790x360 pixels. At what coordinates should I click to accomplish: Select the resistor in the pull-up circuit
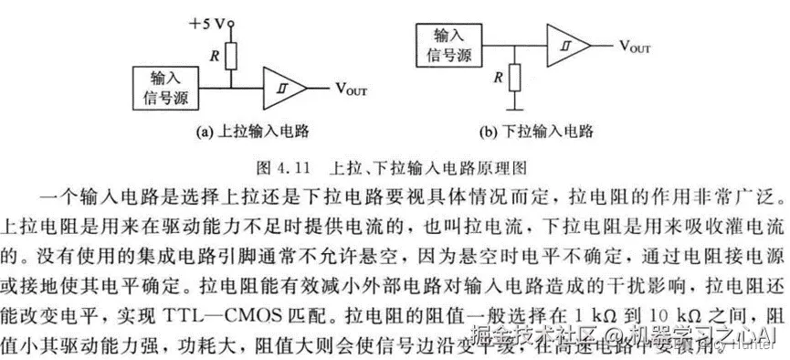(x=232, y=56)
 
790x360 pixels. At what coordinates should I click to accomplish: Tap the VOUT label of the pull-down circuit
(x=636, y=45)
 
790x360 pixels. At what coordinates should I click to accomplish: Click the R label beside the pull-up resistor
(x=214, y=55)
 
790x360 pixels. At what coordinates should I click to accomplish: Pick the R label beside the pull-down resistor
(x=497, y=77)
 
